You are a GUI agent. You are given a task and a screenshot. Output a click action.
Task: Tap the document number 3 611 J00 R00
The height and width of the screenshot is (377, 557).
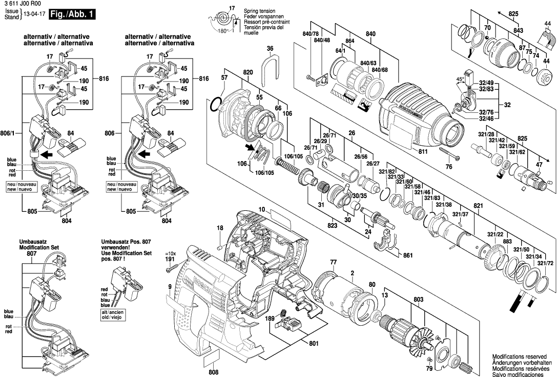pos(21,4)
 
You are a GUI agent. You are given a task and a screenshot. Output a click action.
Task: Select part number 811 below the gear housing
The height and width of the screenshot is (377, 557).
pos(423,152)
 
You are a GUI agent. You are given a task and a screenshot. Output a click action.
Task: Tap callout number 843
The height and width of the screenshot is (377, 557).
pos(518,31)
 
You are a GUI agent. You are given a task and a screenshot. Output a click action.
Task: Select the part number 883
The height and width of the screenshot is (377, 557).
pos(507,241)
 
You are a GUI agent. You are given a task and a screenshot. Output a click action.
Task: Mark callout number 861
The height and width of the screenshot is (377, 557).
pos(408,254)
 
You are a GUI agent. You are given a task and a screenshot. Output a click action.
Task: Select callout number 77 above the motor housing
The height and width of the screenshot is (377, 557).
pos(333,262)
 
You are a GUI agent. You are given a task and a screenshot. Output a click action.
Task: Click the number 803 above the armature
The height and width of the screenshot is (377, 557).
pos(419,299)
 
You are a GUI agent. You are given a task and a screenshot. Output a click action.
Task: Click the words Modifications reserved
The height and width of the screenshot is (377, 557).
pos(521,356)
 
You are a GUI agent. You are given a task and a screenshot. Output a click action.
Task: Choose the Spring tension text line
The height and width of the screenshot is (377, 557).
pos(259,11)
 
